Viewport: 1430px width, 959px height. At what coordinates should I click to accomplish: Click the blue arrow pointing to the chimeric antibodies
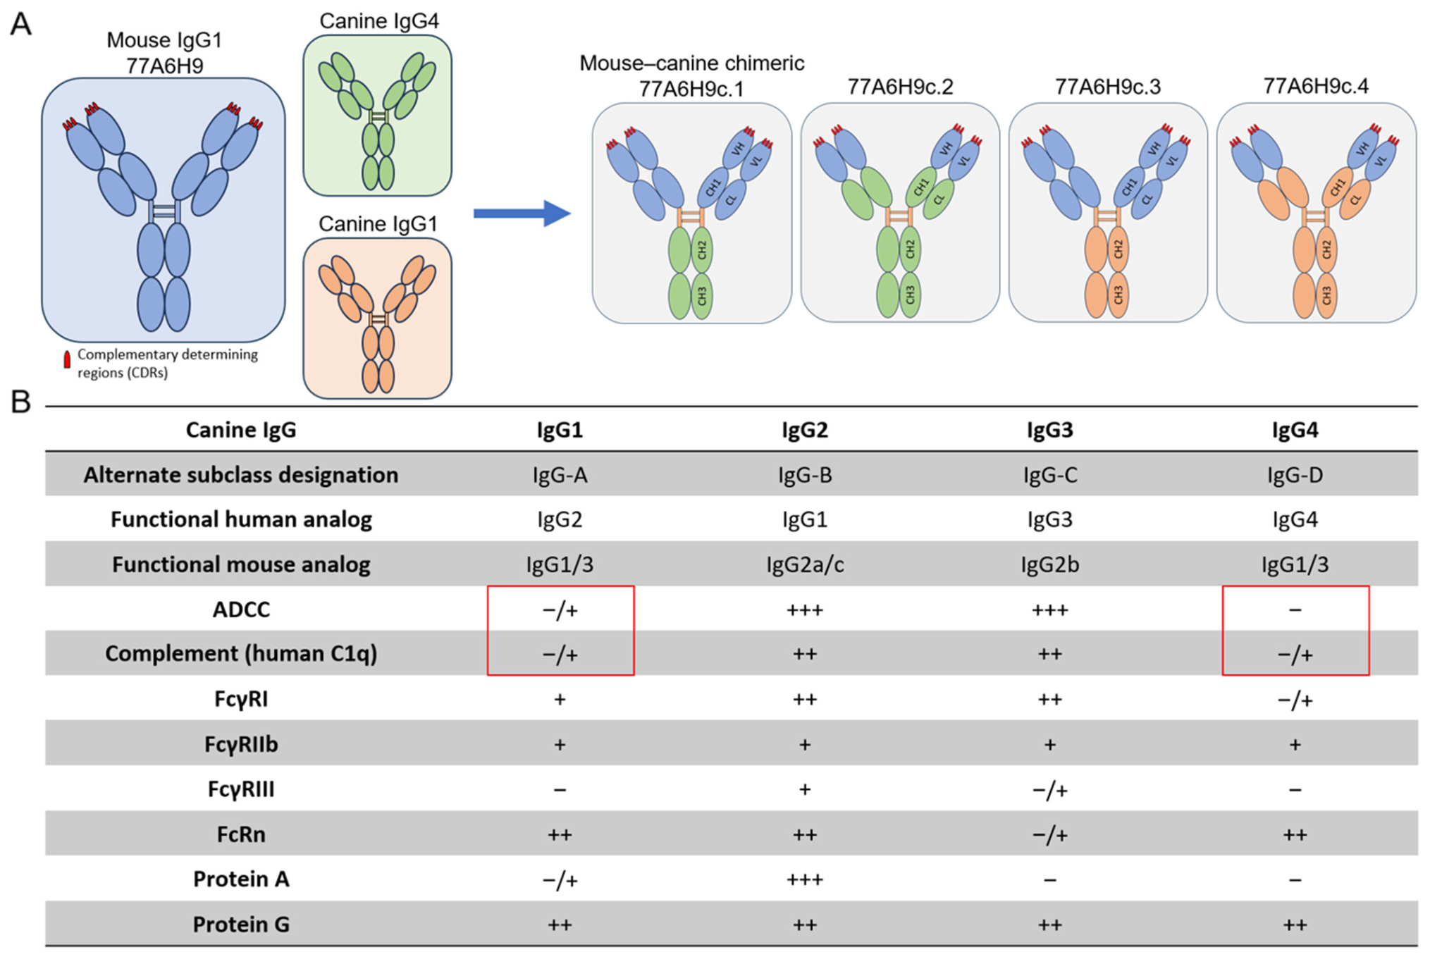point(522,214)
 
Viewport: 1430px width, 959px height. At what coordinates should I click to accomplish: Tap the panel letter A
point(20,24)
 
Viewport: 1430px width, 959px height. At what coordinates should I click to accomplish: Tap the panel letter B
point(20,402)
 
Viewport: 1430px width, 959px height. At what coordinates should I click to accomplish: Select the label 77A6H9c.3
point(1107,87)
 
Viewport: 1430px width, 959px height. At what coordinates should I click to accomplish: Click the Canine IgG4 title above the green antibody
point(378,21)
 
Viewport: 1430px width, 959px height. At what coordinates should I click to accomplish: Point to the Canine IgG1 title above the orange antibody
point(378,224)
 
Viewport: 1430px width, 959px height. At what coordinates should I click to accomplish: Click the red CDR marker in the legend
point(67,359)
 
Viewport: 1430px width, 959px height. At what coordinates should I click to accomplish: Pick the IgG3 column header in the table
point(1049,430)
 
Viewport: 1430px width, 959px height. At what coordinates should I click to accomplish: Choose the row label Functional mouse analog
point(241,564)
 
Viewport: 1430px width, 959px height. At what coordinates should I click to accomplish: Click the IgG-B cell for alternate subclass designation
point(805,475)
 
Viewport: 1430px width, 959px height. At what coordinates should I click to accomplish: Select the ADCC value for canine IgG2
point(805,610)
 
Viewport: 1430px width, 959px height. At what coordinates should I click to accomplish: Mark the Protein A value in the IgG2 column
point(805,879)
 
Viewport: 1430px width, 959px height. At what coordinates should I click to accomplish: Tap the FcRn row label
point(241,834)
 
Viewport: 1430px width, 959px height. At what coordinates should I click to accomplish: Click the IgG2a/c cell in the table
point(805,564)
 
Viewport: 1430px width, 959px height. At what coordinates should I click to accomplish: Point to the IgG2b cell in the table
point(1049,564)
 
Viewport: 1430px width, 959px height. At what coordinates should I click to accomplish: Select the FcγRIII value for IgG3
point(1049,790)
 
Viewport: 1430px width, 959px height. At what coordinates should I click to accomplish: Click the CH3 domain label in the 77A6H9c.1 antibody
point(702,295)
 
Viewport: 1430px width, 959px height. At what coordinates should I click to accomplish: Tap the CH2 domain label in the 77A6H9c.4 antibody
point(1326,249)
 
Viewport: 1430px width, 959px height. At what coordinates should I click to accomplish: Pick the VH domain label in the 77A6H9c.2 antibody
point(946,149)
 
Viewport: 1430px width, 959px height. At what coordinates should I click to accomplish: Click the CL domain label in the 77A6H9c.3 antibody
point(1147,200)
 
